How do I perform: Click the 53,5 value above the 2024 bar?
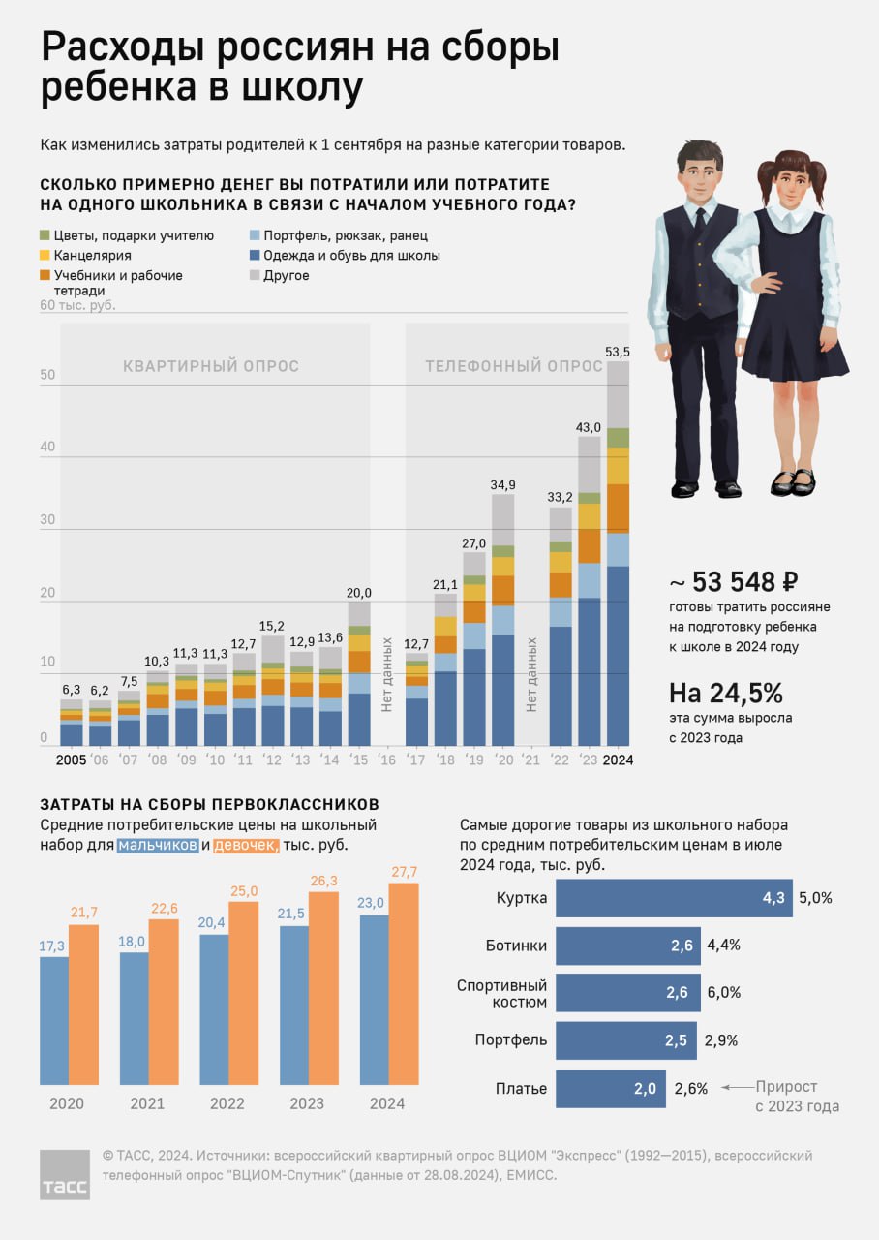(x=618, y=352)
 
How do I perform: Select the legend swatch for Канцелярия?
(x=45, y=256)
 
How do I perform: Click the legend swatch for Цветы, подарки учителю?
(x=45, y=235)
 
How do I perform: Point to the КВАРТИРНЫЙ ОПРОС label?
(x=210, y=367)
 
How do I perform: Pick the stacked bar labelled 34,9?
(x=502, y=620)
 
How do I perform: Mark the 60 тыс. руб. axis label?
(x=77, y=306)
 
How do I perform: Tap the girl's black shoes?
(x=792, y=481)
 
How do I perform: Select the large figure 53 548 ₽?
(x=734, y=582)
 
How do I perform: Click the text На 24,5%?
(x=726, y=694)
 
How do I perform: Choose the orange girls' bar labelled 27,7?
(x=405, y=982)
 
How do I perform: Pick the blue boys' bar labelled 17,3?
(x=54, y=1020)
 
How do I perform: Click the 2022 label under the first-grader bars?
(x=227, y=1103)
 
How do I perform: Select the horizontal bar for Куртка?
(x=674, y=898)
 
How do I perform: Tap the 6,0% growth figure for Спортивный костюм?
(x=723, y=993)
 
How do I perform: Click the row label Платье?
(x=524, y=1089)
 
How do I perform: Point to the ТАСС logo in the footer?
(x=65, y=1175)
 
